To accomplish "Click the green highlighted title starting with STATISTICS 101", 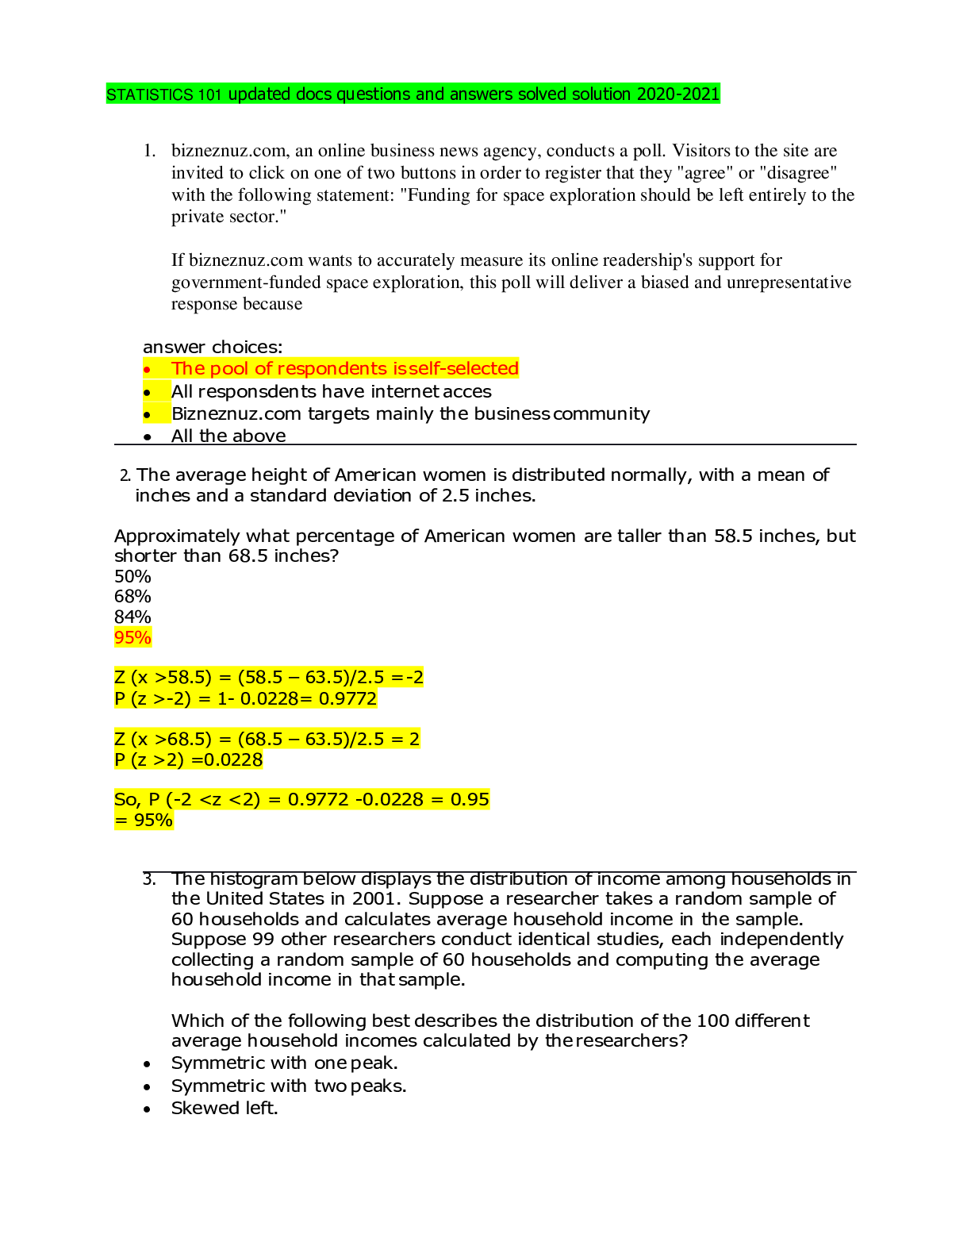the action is click(413, 94).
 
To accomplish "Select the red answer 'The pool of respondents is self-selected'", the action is click(344, 368).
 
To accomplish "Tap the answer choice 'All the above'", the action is click(228, 436).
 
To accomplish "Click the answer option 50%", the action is click(132, 576).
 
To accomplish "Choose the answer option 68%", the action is click(132, 597).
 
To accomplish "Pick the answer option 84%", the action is click(132, 617).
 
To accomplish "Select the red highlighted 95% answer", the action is click(133, 637).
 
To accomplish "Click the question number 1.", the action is click(149, 151).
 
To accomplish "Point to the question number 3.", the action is click(149, 879).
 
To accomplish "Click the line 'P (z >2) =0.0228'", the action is click(189, 759).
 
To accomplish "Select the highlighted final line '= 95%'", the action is click(144, 821).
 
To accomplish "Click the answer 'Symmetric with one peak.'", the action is click(285, 1063).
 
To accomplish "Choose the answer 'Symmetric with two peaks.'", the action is click(289, 1086).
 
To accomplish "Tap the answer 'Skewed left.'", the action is click(225, 1109).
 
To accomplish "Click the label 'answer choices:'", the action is click(213, 347).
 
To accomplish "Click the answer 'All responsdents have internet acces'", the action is click(332, 391).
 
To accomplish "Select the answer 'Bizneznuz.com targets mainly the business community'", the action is click(411, 414).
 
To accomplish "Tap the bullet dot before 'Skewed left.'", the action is click(148, 1109).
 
